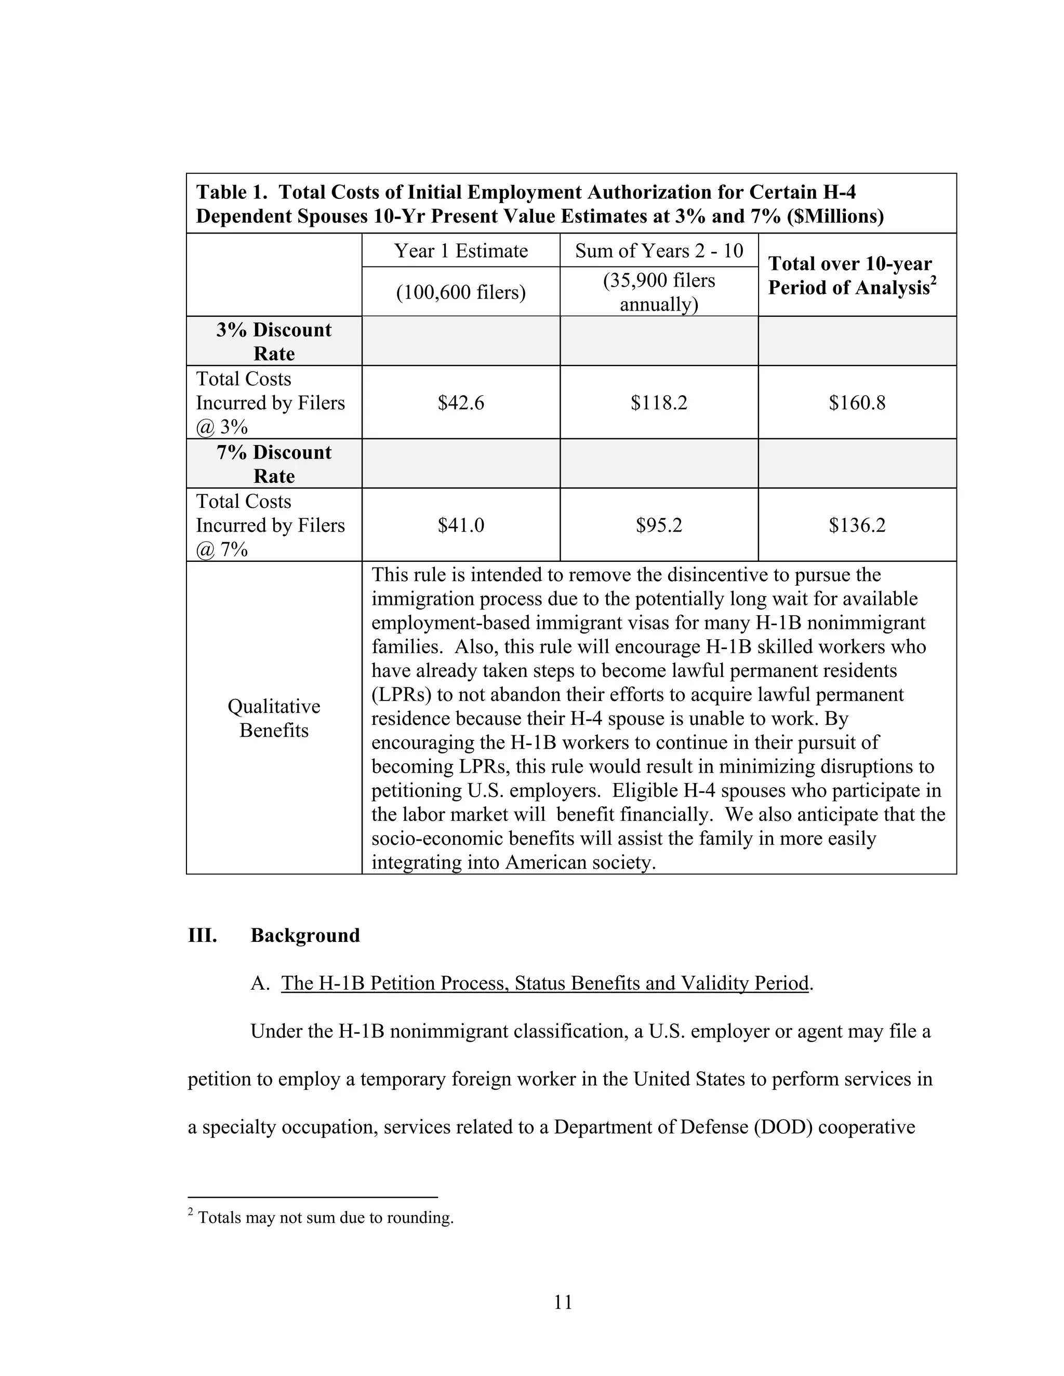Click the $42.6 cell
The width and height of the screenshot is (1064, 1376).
pos(461,402)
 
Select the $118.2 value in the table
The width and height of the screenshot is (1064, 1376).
pos(659,402)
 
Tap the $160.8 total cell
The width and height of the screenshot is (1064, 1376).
pos(857,402)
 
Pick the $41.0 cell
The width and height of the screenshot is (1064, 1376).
pos(461,525)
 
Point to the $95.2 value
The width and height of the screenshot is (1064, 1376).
pos(659,525)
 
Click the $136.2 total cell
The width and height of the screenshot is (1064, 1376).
pos(857,525)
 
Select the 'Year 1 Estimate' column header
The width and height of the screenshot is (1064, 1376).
pos(461,251)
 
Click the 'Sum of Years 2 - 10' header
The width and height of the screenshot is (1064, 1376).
pos(659,251)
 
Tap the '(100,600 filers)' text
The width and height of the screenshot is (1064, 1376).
pos(461,292)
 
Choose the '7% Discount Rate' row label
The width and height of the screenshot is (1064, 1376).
pos(274,464)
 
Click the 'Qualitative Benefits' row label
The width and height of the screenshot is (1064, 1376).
pos(274,718)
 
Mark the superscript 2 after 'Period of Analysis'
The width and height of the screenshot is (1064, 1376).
pos(933,281)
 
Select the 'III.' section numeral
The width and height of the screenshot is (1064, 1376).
pos(202,935)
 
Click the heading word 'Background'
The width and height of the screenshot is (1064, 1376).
pos(305,935)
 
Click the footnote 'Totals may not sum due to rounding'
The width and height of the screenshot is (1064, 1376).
pos(325,1217)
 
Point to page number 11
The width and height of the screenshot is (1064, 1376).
pos(563,1302)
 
